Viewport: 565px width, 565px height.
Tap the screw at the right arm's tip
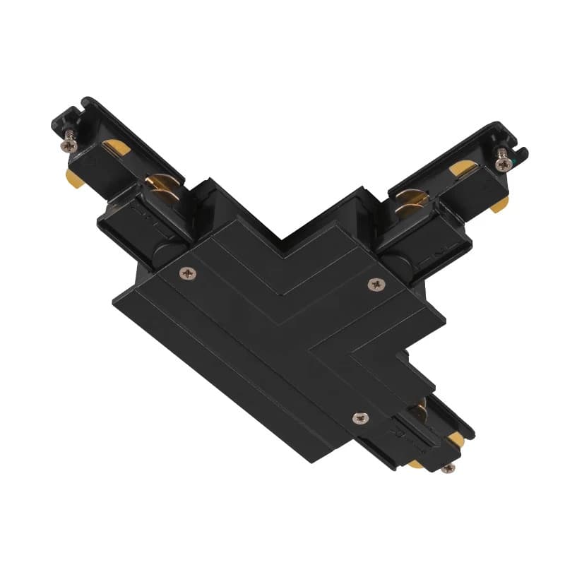pos(502,163)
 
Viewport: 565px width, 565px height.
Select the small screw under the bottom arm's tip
pos(447,467)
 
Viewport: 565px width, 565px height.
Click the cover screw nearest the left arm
pos(187,272)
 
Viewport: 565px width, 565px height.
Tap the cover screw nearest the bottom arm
pos(360,418)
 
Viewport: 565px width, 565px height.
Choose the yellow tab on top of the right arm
pos(463,168)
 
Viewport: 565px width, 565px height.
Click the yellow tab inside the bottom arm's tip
pos(456,439)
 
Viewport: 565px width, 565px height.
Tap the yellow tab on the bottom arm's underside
pos(415,463)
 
